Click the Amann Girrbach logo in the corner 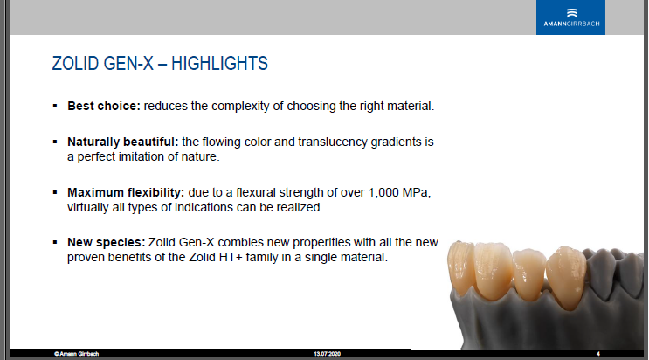[x=570, y=17]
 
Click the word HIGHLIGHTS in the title [x=219, y=64]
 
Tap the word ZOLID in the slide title [x=75, y=64]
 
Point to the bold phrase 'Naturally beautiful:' [x=123, y=142]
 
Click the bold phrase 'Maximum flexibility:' [x=126, y=192]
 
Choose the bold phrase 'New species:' [x=107, y=242]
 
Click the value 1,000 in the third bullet [x=383, y=192]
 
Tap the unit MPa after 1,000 [x=415, y=192]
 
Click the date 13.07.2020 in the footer [x=327, y=354]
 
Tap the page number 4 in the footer [x=598, y=354]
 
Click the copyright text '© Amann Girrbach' [x=76, y=354]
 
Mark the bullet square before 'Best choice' [x=55, y=106]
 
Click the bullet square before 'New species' [x=55, y=242]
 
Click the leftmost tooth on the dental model [x=460, y=265]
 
